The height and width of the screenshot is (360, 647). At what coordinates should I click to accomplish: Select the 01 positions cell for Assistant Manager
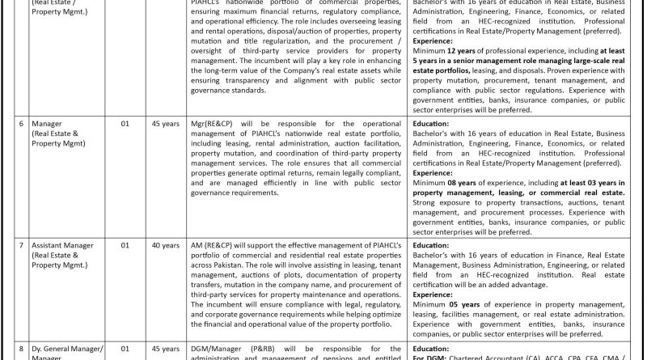pos(125,244)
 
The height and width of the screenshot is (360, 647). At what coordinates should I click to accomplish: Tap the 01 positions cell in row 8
pos(125,349)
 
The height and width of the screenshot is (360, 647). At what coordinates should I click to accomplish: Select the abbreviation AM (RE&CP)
pos(218,244)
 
